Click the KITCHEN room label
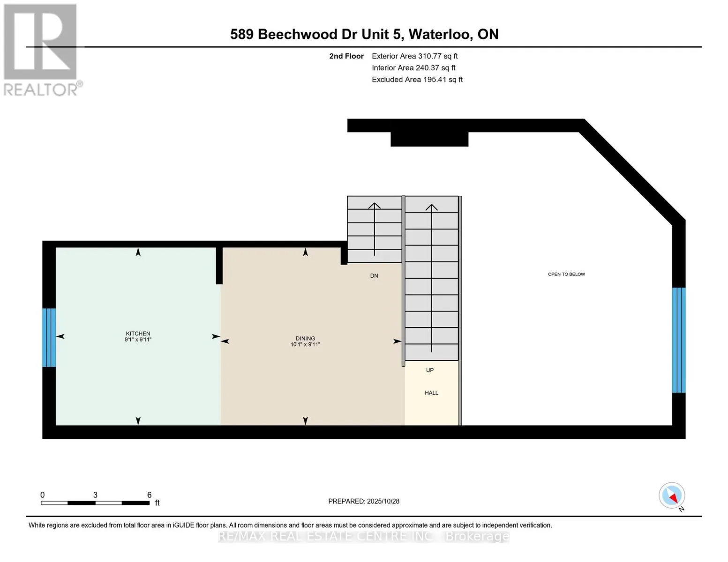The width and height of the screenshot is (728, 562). (x=138, y=333)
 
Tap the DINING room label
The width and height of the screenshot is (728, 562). (x=305, y=338)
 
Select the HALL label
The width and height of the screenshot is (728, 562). (x=431, y=393)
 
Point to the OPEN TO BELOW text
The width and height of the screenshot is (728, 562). (x=566, y=274)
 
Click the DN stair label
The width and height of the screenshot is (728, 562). (x=374, y=276)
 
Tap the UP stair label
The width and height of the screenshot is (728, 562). (x=430, y=370)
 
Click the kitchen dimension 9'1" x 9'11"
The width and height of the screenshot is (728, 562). (x=138, y=340)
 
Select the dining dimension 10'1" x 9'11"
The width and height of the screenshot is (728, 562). (x=305, y=345)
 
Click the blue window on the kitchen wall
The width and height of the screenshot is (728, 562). (x=49, y=337)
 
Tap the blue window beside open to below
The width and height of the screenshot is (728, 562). (x=678, y=340)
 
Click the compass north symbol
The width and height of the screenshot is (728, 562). (x=672, y=495)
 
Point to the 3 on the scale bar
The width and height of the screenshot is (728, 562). (x=95, y=495)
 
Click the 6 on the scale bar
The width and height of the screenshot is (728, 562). (x=150, y=495)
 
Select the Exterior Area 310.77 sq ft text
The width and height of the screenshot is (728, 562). (x=414, y=56)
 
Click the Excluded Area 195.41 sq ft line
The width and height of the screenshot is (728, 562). (x=417, y=80)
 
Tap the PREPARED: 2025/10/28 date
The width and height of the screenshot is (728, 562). (x=364, y=501)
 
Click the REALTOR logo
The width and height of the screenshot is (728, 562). (x=41, y=50)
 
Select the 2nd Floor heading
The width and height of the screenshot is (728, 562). (x=346, y=56)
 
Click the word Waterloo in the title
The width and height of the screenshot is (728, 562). (x=440, y=34)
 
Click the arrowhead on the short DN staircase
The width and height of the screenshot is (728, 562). (x=374, y=206)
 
